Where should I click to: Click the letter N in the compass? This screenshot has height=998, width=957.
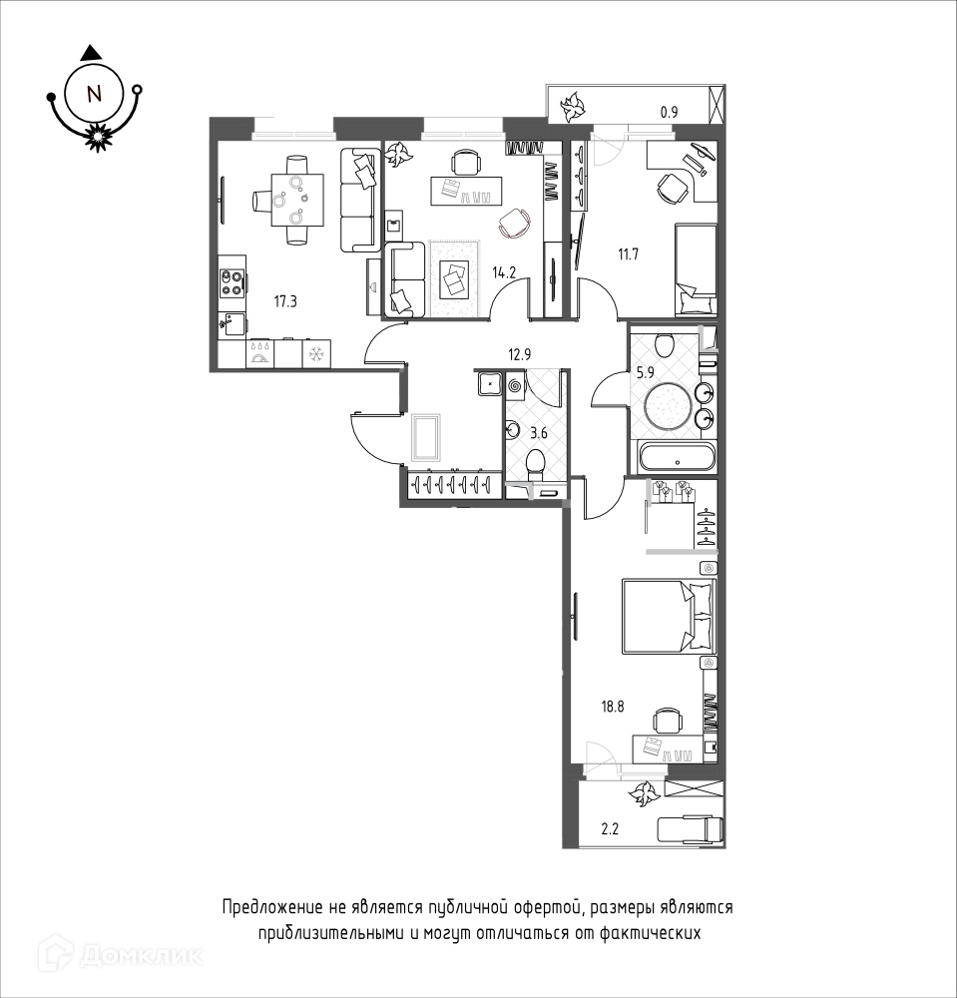click(94, 94)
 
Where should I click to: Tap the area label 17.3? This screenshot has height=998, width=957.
click(285, 301)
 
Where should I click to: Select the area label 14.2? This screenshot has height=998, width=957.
click(504, 273)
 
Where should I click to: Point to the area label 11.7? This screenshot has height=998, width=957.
click(628, 255)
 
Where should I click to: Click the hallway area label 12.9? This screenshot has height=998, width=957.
click(519, 354)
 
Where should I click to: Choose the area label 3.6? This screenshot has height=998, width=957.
click(539, 434)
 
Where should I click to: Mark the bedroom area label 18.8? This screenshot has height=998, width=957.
click(613, 706)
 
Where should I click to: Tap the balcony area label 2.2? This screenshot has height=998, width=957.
click(610, 829)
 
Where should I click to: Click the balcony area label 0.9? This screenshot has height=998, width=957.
click(669, 113)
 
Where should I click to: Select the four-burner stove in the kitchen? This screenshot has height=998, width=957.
click(232, 283)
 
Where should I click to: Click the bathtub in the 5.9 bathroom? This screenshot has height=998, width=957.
click(678, 457)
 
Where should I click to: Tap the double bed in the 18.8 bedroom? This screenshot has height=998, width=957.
click(669, 616)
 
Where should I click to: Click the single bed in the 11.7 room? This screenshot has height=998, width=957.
click(696, 269)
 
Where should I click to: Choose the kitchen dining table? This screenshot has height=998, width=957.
click(296, 200)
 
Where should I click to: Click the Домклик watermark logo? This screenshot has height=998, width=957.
click(121, 953)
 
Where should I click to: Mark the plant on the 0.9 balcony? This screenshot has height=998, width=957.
click(572, 107)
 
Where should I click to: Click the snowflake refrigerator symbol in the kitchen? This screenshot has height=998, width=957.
click(316, 352)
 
